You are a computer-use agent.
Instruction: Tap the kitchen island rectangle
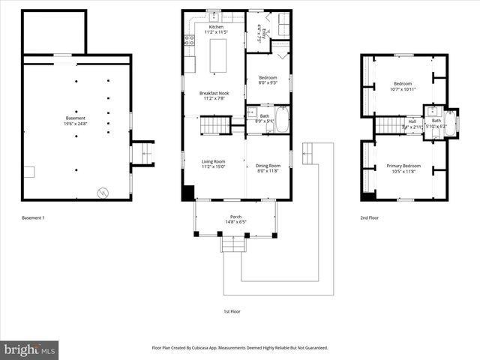(219, 56)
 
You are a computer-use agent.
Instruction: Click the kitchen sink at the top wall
(214, 15)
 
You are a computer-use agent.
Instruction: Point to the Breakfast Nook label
(214, 92)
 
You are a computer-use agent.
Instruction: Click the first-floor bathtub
(282, 120)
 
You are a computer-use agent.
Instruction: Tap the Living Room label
(214, 160)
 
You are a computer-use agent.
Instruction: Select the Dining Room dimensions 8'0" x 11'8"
(268, 171)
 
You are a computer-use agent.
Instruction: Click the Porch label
(235, 217)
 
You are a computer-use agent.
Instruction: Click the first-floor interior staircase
(214, 125)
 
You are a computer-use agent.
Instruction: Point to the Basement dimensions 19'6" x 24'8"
(75, 124)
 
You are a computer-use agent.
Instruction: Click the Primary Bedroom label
(403, 166)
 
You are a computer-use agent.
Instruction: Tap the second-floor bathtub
(451, 122)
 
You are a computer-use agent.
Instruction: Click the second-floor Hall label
(412, 121)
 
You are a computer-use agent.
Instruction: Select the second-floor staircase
(388, 125)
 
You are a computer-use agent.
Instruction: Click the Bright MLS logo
(30, 349)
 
